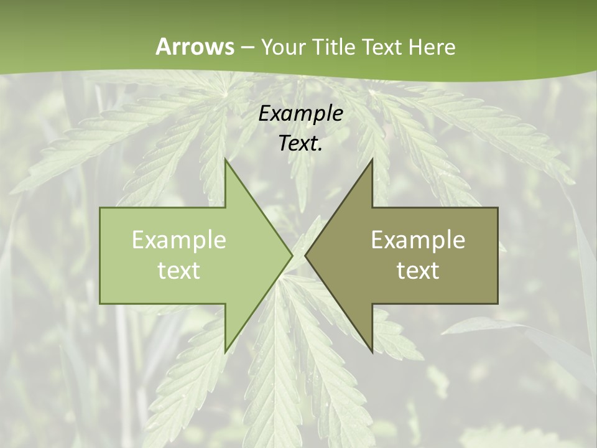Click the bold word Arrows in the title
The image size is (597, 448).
pyautogui.click(x=195, y=47)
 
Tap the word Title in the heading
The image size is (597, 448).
pyautogui.click(x=333, y=47)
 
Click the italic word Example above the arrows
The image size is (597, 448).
pyautogui.click(x=301, y=114)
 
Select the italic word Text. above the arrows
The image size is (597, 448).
pyautogui.click(x=301, y=144)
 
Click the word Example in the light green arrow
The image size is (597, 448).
pyautogui.click(x=179, y=240)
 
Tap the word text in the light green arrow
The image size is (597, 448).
pyautogui.click(x=179, y=271)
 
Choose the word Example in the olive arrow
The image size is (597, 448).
pyautogui.click(x=418, y=240)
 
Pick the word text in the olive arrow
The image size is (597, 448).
pyautogui.click(x=418, y=271)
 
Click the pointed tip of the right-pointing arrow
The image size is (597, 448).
pyautogui.click(x=292, y=256)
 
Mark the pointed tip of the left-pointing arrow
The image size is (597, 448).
pyautogui.click(x=305, y=256)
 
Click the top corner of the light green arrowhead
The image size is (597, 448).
pyautogui.click(x=225, y=159)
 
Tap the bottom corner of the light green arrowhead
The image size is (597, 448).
pyautogui.click(x=225, y=352)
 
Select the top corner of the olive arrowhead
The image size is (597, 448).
pyautogui.click(x=373, y=159)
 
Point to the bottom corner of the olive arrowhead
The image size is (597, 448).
pyautogui.click(x=373, y=352)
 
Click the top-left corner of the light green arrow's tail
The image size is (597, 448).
pyautogui.click(x=100, y=208)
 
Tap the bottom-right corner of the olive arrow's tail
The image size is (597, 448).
pyautogui.click(x=497, y=304)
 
